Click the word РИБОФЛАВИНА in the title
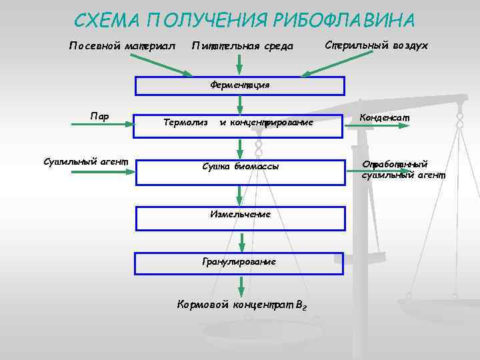click(343, 20)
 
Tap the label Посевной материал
click(122, 46)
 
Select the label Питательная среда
click(242, 46)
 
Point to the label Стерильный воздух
click(376, 45)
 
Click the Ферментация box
click(239, 85)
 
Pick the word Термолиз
click(186, 122)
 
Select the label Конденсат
click(385, 117)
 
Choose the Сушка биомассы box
click(239, 166)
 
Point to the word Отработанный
click(395, 165)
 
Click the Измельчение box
click(240, 215)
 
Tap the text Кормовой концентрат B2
click(241, 305)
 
